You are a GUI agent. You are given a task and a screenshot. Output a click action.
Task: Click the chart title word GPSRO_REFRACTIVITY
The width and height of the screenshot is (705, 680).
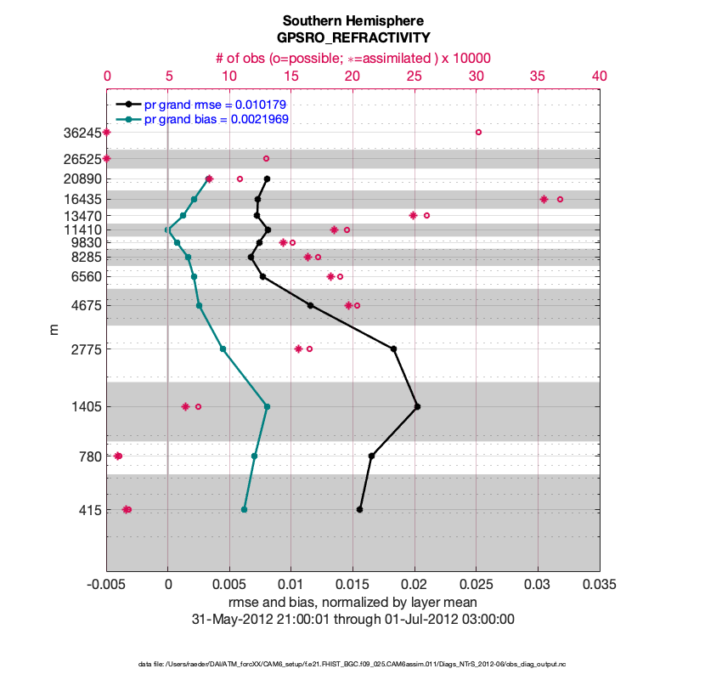(x=352, y=38)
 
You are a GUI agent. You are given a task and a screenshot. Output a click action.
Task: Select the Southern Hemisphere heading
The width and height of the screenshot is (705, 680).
(x=352, y=20)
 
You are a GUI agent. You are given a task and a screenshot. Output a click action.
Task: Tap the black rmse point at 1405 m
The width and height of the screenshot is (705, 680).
(x=417, y=406)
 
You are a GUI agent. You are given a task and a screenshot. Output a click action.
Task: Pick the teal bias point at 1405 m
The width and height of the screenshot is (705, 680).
(x=267, y=406)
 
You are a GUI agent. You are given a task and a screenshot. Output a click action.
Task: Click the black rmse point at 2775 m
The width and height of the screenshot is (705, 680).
(x=393, y=348)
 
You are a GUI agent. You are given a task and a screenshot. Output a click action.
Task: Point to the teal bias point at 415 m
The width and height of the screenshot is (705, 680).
(x=244, y=509)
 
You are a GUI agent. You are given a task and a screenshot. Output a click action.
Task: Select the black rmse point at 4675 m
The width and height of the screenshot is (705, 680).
(x=310, y=305)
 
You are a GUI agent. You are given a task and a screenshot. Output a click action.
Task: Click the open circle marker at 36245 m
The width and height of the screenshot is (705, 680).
(x=478, y=132)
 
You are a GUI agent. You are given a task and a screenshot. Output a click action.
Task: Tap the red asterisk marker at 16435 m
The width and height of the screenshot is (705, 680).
(x=543, y=199)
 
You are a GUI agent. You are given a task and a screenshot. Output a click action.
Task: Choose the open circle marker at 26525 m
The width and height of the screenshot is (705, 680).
(x=266, y=158)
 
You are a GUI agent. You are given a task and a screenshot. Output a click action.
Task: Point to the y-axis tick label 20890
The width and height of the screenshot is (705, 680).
(x=82, y=179)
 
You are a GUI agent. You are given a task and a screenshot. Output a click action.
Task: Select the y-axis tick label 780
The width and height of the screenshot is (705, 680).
(x=90, y=456)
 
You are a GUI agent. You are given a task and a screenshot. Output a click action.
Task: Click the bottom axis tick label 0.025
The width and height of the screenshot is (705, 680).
(x=476, y=585)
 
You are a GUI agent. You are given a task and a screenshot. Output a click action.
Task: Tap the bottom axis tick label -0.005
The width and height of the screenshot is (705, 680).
(x=106, y=585)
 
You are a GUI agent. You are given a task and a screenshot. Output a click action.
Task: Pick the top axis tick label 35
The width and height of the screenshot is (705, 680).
(x=538, y=76)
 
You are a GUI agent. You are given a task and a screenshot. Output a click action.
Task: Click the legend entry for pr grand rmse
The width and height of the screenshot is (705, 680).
(x=217, y=105)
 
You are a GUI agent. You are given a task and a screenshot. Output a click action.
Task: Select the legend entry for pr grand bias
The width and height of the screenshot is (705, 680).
(x=217, y=119)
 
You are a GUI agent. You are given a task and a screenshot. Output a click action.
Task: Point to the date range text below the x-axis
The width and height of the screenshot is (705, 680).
(x=352, y=619)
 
